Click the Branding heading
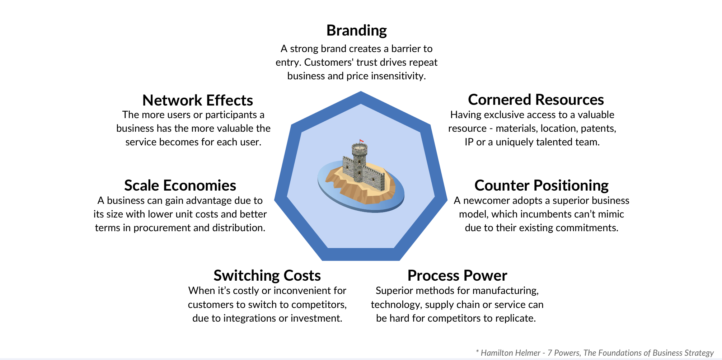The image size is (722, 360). (x=356, y=31)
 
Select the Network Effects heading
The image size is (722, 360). (x=198, y=100)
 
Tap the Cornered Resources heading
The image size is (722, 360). (x=536, y=100)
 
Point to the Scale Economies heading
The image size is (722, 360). (x=180, y=186)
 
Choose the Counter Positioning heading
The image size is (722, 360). (x=541, y=186)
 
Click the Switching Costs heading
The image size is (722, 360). (x=267, y=276)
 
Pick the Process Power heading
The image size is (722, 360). (x=457, y=276)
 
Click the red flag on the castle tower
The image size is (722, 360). (x=362, y=141)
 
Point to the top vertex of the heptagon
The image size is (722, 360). (x=361, y=93)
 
